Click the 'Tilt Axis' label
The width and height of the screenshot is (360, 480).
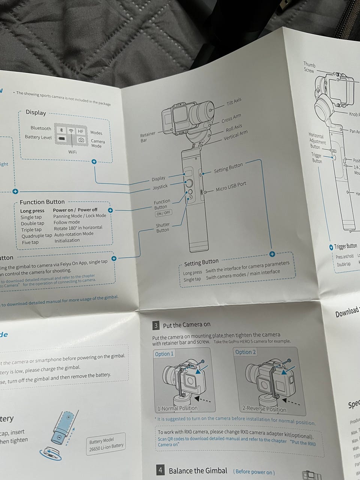[234, 102]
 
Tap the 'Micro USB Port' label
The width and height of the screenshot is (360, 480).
[231, 187]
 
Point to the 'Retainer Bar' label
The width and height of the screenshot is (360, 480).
[147, 137]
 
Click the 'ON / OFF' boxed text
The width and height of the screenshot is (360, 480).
[163, 213]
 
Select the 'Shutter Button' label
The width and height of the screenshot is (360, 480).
[163, 228]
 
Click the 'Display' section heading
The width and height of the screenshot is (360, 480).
[36, 112]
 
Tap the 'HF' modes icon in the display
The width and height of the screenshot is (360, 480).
[81, 131]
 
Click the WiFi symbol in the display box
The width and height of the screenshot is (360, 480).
[71, 131]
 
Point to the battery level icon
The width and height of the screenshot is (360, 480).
[61, 138]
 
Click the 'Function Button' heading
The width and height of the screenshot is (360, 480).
[42, 202]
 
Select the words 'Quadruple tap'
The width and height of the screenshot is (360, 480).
[36, 236]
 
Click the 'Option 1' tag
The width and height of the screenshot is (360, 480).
[164, 354]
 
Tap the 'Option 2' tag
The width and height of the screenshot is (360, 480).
[245, 352]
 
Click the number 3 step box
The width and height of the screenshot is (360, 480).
[156, 325]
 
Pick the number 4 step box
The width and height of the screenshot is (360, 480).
[160, 470]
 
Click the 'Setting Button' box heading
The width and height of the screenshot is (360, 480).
[201, 262]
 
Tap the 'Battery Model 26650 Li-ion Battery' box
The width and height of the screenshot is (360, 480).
[106, 444]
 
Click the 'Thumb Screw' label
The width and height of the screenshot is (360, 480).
[309, 67]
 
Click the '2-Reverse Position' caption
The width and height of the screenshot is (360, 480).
[264, 409]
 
